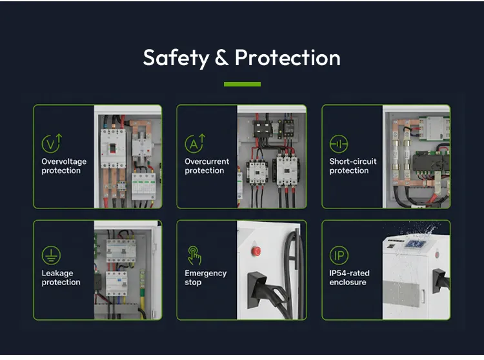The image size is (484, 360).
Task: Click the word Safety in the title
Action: click(176, 58)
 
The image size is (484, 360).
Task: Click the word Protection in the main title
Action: click(288, 57)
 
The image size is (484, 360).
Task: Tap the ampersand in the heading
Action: click(222, 57)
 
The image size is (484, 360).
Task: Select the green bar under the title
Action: click(242, 85)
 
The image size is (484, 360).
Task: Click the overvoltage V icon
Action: click(52, 143)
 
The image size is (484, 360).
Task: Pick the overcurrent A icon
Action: click(195, 143)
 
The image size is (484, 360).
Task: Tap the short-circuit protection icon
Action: click(339, 144)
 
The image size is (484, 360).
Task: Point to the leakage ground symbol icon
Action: click(51, 255)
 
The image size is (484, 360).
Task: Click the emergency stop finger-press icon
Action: click(194, 255)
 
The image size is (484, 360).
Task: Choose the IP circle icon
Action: click(339, 255)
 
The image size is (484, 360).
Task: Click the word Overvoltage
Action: click(64, 162)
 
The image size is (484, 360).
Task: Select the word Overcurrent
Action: click(207, 161)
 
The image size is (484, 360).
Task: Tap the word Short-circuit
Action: click(353, 161)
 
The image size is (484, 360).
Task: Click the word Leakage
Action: click(57, 274)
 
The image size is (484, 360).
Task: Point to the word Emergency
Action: click(206, 274)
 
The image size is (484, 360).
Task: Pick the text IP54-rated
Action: click(349, 273)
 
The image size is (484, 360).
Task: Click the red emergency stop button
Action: click(256, 251)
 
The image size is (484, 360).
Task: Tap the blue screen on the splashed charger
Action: click(415, 244)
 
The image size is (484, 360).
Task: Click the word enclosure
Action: click(348, 282)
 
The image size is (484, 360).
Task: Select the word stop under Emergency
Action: click(193, 283)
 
